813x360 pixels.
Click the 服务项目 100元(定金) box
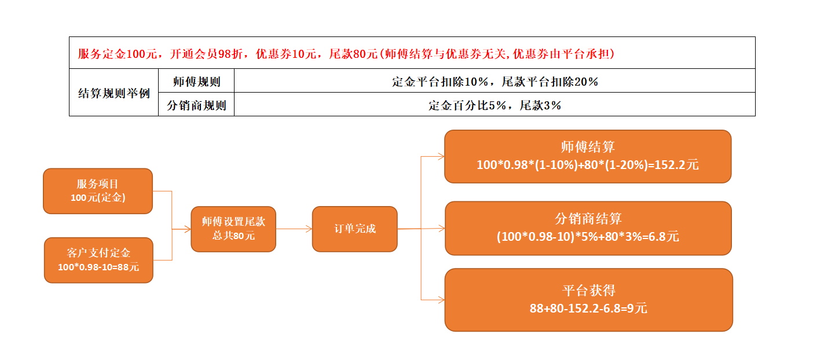click(x=98, y=191)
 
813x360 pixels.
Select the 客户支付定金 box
click(x=98, y=260)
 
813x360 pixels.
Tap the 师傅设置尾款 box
click(x=233, y=229)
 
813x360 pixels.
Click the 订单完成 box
click(x=354, y=229)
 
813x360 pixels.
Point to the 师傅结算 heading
click(x=588, y=147)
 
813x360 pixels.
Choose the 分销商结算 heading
click(x=588, y=219)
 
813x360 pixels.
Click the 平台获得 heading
click(x=589, y=291)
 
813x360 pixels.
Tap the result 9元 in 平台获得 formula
click(x=637, y=308)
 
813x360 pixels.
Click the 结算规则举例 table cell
click(x=114, y=93)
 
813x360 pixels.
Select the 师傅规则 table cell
click(x=196, y=80)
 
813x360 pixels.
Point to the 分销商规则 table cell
click(x=196, y=105)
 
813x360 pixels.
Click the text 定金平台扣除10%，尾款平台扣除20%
click(x=495, y=82)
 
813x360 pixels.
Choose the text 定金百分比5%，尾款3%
click(x=495, y=105)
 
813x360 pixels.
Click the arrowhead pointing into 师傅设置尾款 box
click(x=188, y=229)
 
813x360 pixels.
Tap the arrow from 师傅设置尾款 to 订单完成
click(x=294, y=229)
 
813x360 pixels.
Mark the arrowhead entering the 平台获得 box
click(x=441, y=300)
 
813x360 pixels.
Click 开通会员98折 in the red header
click(x=206, y=54)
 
